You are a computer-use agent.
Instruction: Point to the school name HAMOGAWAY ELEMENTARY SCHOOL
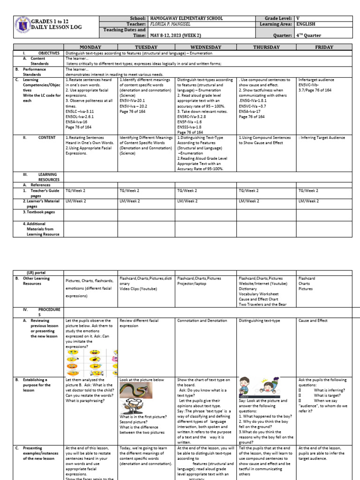click(186, 18)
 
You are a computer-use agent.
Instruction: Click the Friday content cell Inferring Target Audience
click(322, 138)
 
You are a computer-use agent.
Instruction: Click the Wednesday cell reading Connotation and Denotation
click(202, 321)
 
